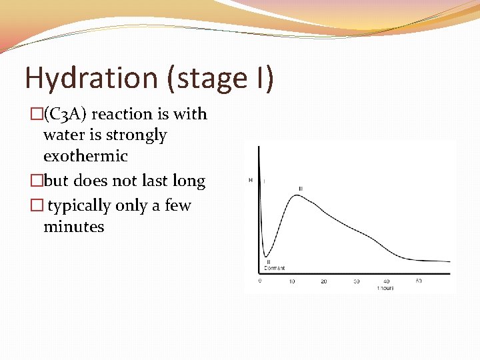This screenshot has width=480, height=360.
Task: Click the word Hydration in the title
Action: coord(89,79)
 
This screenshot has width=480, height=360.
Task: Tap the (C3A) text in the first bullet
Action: coord(65,114)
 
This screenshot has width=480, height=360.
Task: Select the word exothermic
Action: coord(85,156)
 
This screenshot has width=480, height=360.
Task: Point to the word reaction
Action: coord(121,114)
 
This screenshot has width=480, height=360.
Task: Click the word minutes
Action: coord(73,227)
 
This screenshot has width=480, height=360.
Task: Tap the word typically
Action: coord(79,205)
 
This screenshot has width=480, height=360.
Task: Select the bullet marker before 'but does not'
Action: coord(38,181)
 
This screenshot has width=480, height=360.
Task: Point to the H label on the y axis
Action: coord(251,180)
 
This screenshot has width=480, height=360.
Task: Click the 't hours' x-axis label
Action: coord(386,288)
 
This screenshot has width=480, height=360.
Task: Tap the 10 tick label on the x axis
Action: coord(291,281)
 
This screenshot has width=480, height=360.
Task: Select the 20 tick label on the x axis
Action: coord(324,281)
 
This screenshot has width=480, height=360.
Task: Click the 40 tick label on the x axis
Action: coord(387,281)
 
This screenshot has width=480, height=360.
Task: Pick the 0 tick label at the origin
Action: coord(260,281)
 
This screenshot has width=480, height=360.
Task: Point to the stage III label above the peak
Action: coord(301,189)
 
